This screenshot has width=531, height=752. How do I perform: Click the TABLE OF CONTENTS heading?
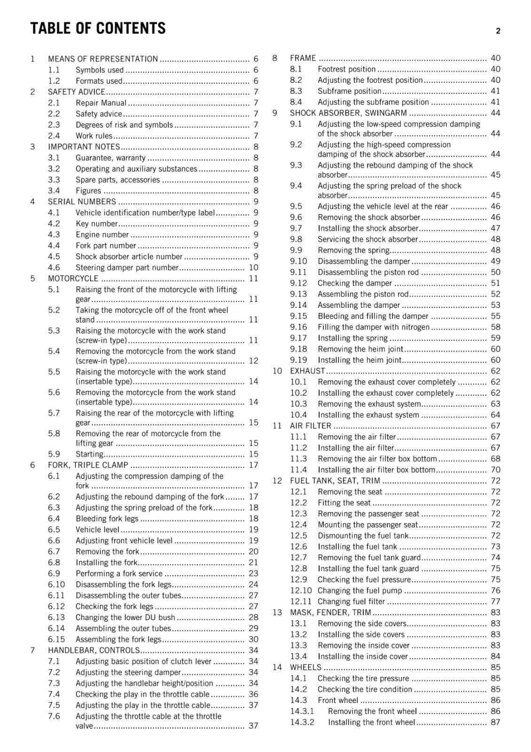98,29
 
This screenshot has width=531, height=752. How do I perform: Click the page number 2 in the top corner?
498,31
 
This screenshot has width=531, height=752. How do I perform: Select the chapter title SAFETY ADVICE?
76,92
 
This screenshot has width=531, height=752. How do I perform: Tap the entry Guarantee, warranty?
110,158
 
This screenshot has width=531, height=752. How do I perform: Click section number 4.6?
54,268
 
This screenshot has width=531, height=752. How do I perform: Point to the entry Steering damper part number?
127,268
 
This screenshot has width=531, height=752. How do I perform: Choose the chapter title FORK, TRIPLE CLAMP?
88,465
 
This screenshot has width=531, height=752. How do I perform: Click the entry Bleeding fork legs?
107,519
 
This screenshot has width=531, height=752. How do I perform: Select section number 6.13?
56,618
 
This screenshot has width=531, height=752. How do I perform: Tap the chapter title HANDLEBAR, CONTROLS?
94,650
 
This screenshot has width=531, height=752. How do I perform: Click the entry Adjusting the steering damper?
128,673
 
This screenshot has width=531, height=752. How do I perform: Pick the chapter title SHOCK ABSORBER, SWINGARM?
348,113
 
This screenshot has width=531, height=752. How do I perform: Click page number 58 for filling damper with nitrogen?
495,327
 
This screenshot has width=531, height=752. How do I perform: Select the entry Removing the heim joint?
360,349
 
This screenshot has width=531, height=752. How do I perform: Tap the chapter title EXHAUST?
307,371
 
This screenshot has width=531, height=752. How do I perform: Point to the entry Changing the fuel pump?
359,591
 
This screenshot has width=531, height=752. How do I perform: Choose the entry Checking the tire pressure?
363,679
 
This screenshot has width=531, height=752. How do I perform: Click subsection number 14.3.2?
302,722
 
